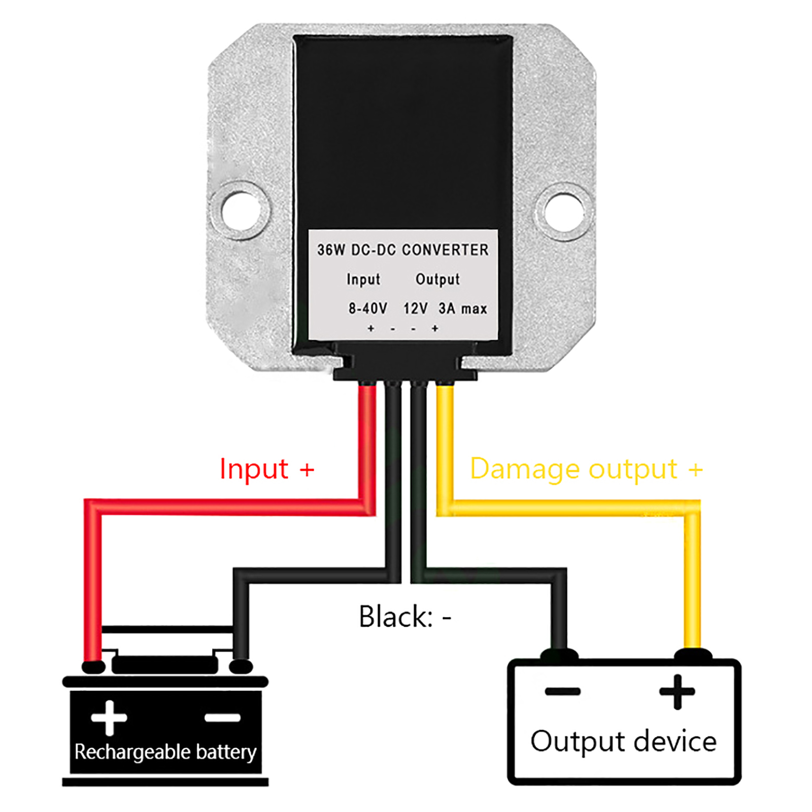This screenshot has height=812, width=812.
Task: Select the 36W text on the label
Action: [331, 250]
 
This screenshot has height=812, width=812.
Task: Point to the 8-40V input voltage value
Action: [367, 308]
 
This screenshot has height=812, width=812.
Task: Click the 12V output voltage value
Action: [415, 308]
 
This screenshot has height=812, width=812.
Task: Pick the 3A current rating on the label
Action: [447, 308]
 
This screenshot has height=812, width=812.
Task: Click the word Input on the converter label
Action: [363, 279]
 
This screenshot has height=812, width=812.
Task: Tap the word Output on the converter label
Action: [437, 279]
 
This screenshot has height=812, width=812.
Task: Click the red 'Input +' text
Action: [266, 468]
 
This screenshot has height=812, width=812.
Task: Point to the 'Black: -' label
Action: [404, 617]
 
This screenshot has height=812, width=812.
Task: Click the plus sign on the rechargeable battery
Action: [109, 717]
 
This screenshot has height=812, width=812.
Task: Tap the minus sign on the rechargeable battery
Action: [222, 717]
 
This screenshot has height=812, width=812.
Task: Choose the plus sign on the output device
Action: [676, 691]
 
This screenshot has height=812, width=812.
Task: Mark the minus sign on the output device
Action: [562, 691]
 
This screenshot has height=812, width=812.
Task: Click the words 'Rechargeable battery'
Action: [165, 752]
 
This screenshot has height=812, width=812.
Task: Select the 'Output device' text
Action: [623, 741]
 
